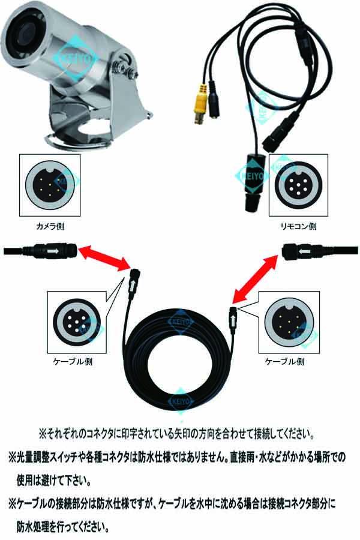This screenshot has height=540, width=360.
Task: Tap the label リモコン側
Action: point(298,227)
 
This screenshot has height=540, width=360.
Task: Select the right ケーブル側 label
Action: point(284,362)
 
